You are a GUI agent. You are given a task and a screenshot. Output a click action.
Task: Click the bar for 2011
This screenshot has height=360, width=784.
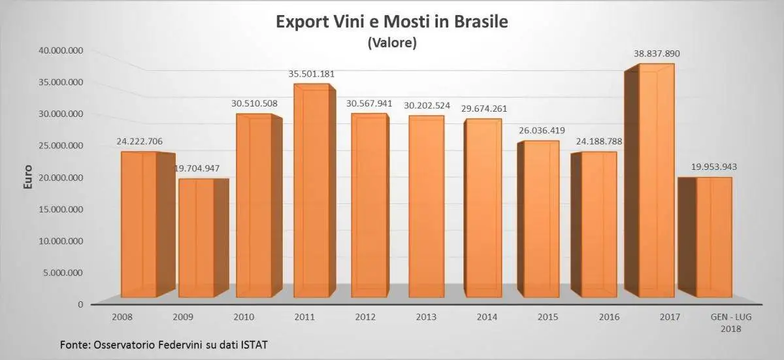coord(310,193)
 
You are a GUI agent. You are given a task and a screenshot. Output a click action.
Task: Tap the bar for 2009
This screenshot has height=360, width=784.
coord(196,238)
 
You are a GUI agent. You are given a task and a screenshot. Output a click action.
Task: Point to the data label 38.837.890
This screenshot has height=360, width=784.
coord(657,53)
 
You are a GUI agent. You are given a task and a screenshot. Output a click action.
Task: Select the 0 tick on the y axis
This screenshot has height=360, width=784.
coord(79,304)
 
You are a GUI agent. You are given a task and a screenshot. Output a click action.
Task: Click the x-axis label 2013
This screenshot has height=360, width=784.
coord(426,317)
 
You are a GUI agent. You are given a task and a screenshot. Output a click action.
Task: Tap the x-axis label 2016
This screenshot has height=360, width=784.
coord(609,317)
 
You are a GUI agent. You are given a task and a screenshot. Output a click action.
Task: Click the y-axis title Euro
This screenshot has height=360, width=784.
coord(28,178)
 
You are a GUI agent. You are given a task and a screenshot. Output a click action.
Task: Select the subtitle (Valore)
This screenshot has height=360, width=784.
coord(392,43)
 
